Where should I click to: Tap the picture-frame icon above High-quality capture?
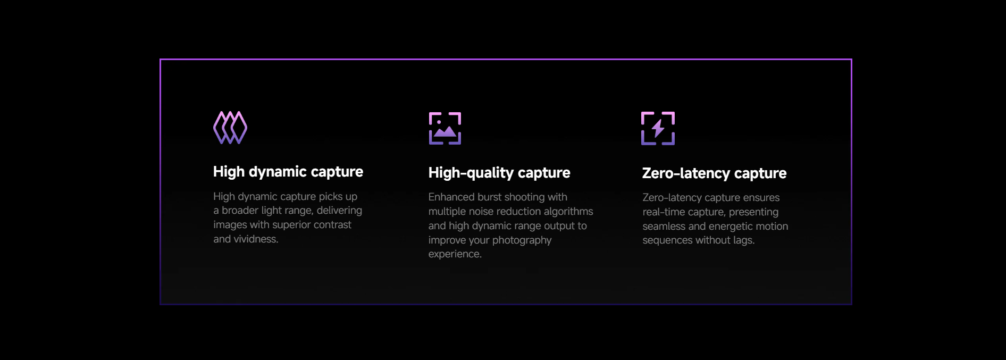coord(445,128)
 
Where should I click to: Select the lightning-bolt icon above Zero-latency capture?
coord(658,128)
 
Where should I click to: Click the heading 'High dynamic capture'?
coord(288,172)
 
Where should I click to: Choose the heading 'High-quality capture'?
coord(499,173)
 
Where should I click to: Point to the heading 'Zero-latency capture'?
coord(714,173)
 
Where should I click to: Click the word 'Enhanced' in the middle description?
coord(451,197)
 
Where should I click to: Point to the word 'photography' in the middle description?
coord(522,240)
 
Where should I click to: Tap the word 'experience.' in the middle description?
coord(455,254)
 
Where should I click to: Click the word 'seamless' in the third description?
coord(664,227)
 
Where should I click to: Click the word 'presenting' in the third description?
coord(753,212)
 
